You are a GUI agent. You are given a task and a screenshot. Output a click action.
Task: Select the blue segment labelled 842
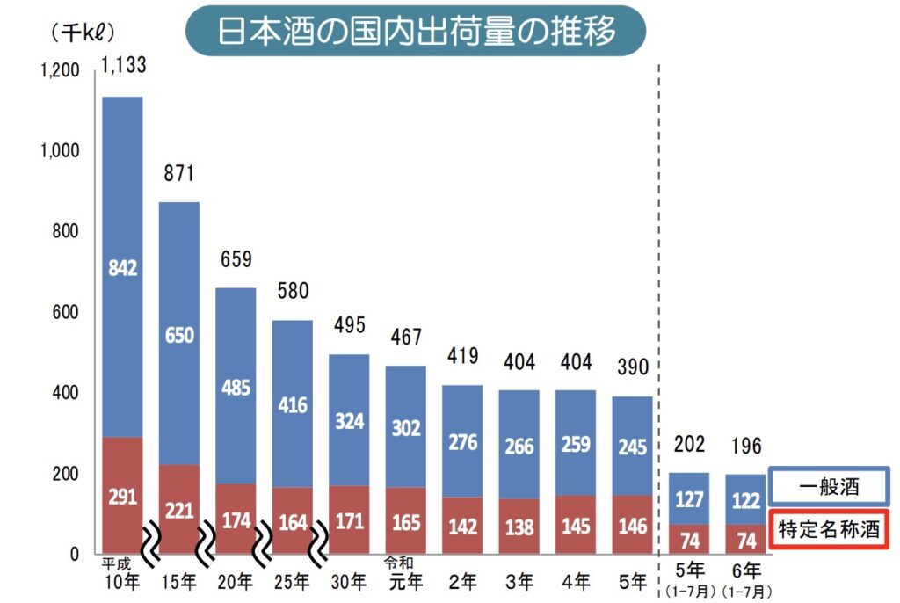point(123,267)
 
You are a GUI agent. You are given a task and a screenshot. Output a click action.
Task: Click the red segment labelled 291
point(123,496)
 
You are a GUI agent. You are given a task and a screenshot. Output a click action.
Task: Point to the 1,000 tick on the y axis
point(60,151)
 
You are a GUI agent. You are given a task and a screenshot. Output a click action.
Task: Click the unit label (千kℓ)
point(83,33)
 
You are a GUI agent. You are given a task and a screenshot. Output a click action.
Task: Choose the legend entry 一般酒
point(828,486)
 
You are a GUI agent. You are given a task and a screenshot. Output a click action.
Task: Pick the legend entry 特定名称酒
point(828,529)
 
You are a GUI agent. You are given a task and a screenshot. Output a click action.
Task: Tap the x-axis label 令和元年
point(405,573)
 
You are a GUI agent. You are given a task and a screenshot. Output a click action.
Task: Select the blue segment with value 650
point(179,334)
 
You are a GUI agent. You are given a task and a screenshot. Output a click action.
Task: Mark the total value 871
point(179,172)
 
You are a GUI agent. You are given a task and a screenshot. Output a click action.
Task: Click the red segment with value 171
point(349,520)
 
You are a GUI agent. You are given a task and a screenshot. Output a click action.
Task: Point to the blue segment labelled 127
point(688,498)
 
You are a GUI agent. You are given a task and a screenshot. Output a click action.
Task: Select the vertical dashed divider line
point(659,308)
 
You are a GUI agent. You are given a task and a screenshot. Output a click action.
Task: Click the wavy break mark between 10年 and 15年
point(152,536)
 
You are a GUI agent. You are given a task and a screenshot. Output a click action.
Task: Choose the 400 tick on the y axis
point(68,393)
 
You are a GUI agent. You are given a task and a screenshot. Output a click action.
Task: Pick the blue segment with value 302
point(405,426)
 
